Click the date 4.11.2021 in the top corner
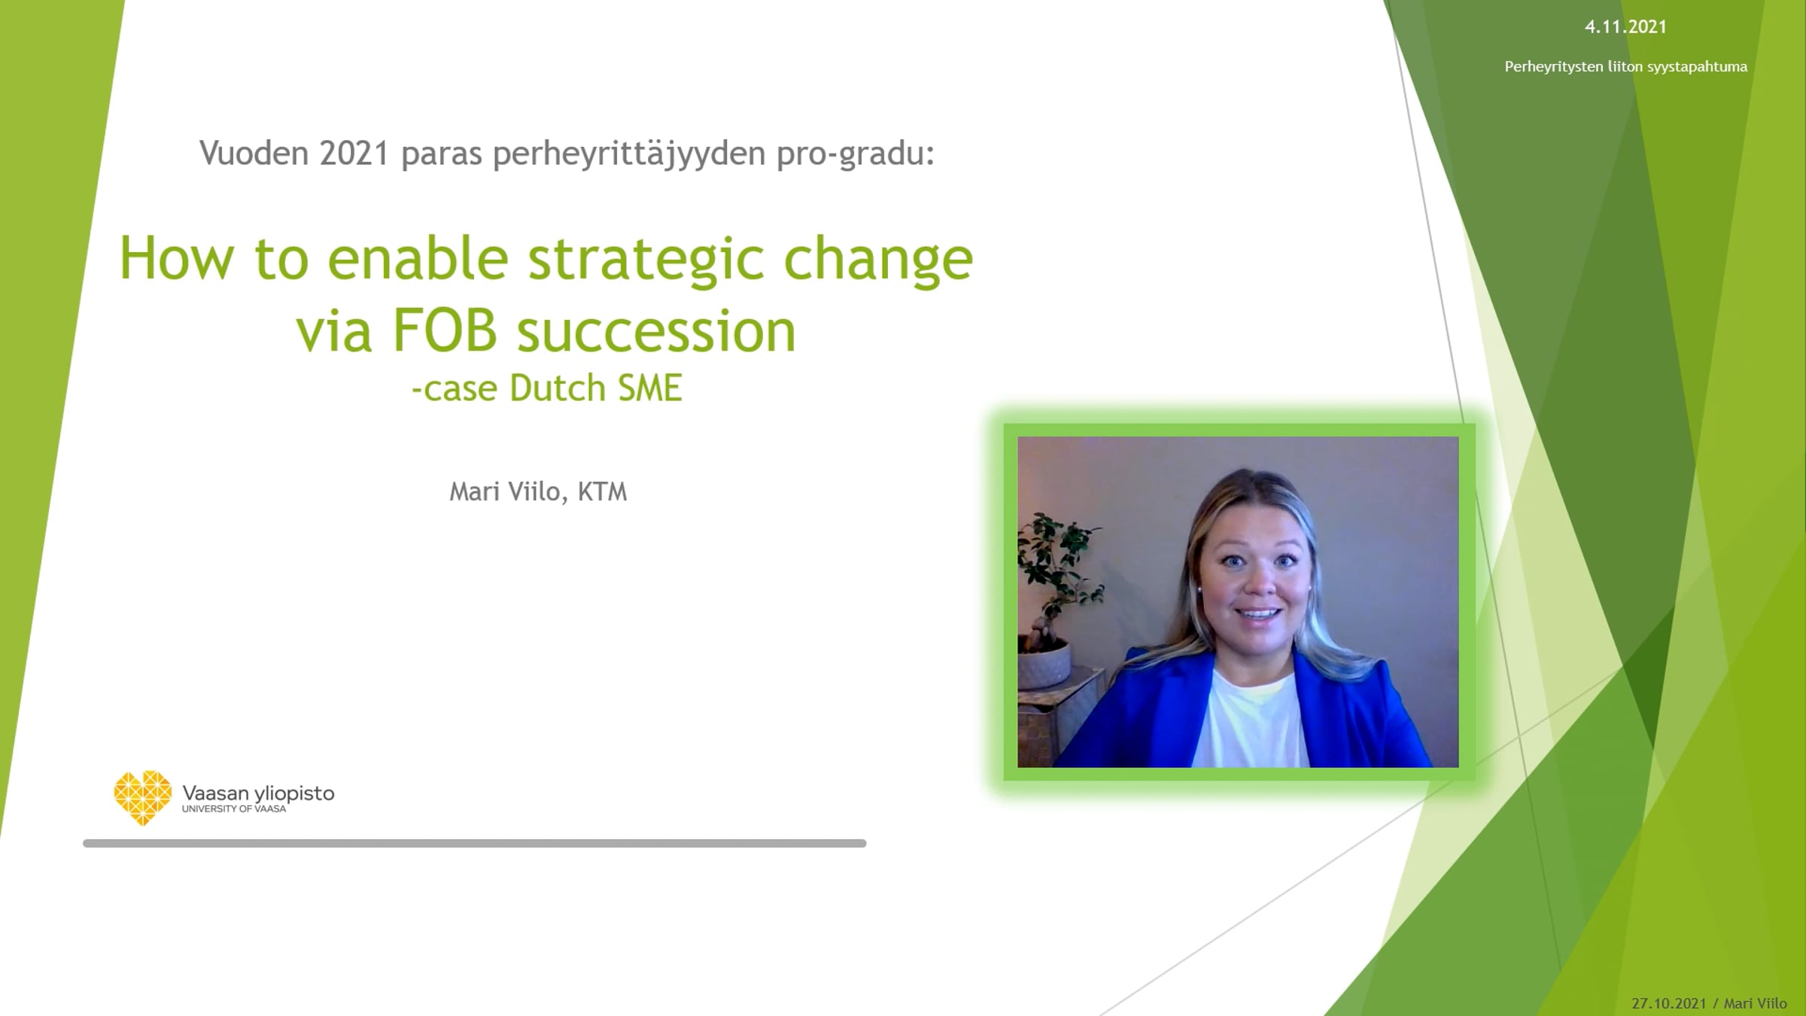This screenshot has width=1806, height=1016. click(1625, 27)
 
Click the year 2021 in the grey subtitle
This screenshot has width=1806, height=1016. click(354, 154)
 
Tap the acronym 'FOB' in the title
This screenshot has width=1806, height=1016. click(445, 330)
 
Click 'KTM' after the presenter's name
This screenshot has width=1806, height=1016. click(602, 491)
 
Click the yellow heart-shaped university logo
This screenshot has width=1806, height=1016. click(143, 797)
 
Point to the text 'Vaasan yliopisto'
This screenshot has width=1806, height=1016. click(258, 793)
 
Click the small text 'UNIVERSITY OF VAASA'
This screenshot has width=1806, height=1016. click(234, 809)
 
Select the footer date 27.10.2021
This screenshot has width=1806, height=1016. click(1669, 1003)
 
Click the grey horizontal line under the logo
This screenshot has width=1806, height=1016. click(475, 844)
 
